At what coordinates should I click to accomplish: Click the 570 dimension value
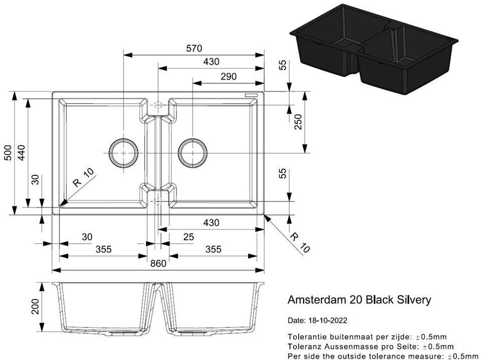(x=193, y=49)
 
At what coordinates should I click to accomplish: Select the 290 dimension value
(x=228, y=76)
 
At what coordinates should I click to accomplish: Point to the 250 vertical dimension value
(x=299, y=121)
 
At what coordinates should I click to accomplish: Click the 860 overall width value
(x=158, y=263)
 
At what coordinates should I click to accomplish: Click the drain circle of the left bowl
(x=123, y=152)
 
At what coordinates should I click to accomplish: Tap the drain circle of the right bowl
(x=192, y=152)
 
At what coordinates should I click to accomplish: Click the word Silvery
(x=413, y=300)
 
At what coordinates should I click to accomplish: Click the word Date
(x=295, y=320)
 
